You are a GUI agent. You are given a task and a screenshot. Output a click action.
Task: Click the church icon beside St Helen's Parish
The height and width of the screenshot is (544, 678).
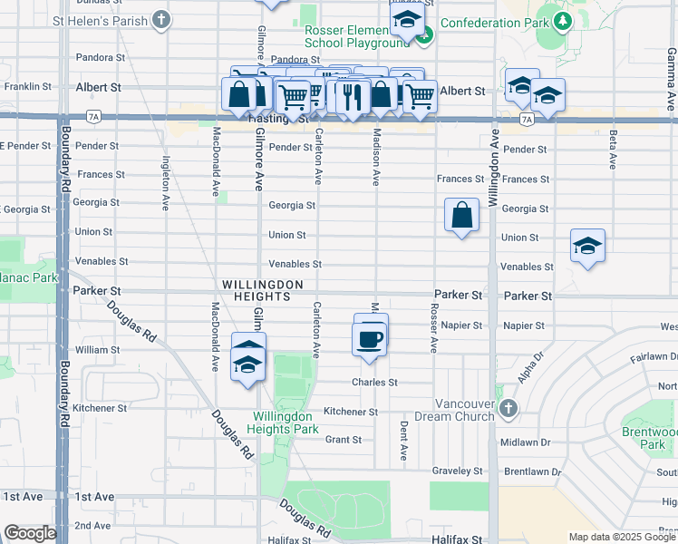[160, 19]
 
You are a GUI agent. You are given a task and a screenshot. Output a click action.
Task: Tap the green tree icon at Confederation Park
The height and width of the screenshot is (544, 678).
[563, 21]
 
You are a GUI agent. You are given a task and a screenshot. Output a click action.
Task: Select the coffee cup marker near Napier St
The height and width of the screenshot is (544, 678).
[369, 339]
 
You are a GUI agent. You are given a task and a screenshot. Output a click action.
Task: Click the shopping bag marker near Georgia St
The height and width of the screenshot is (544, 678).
[461, 216]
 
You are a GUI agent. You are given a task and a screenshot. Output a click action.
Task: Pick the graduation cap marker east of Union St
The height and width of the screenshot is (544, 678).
[587, 246]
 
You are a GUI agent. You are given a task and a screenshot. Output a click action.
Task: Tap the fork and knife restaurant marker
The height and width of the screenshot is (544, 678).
[353, 95]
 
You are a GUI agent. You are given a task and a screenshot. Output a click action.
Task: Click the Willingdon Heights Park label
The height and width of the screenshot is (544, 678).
[284, 423]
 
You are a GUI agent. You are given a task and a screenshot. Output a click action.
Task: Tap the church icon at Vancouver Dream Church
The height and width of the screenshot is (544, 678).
[508, 409]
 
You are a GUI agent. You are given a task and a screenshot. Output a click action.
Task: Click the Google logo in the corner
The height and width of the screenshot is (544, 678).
[29, 533]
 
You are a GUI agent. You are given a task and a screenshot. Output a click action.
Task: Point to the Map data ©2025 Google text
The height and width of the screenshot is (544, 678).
[621, 537]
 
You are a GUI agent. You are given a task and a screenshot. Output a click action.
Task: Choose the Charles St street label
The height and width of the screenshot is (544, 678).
[374, 383]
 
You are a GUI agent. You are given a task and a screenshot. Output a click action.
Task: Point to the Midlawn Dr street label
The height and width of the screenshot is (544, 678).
[527, 442]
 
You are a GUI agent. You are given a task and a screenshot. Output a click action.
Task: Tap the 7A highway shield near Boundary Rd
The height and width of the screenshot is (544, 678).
[93, 117]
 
